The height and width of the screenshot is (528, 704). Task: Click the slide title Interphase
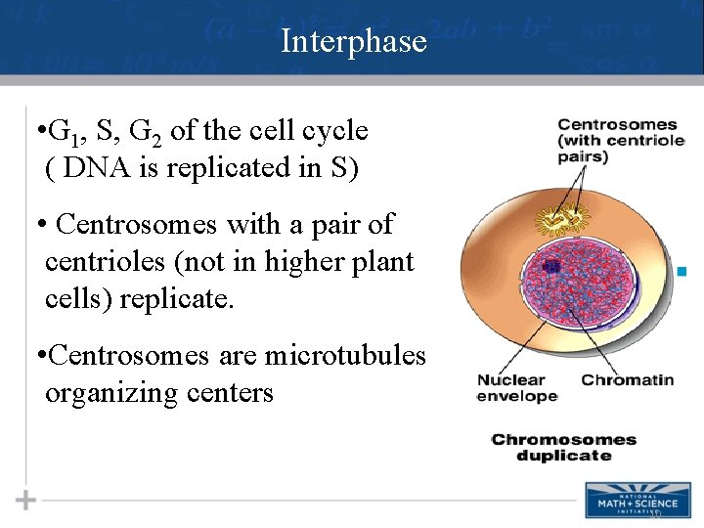pyautogui.click(x=353, y=41)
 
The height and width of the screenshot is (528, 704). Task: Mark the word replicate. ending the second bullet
pyautogui.click(x=177, y=298)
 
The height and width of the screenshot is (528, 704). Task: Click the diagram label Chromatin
pyautogui.click(x=628, y=379)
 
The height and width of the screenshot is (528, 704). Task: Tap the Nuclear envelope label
pyautogui.click(x=516, y=388)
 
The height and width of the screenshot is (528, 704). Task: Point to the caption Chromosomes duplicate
pyautogui.click(x=563, y=447)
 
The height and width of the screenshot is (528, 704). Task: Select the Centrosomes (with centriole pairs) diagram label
pyautogui.click(x=617, y=140)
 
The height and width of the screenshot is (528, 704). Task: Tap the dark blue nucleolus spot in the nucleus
pyautogui.click(x=550, y=265)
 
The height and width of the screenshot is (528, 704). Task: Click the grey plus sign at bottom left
pyautogui.click(x=26, y=501)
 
